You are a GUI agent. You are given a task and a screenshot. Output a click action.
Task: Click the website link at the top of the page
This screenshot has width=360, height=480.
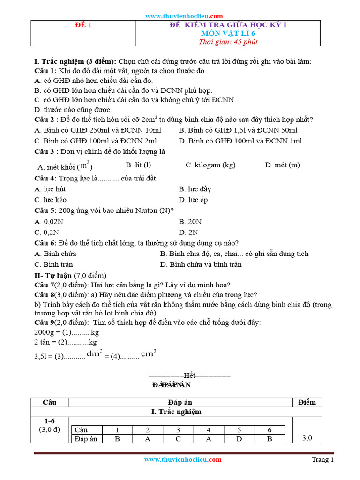184,15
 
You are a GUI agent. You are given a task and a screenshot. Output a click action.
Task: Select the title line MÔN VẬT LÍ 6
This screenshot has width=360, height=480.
228,33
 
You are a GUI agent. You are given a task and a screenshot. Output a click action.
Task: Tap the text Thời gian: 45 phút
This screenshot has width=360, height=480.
228,42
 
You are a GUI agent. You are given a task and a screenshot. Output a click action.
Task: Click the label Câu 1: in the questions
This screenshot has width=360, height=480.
45,71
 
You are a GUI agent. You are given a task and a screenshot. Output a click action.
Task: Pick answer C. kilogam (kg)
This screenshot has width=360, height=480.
210,165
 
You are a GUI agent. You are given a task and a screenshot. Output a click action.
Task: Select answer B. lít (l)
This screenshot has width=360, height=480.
138,165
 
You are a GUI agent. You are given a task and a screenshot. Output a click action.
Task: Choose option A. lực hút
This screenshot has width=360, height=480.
50,189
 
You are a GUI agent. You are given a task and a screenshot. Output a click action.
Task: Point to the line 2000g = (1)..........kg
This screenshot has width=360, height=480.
67,332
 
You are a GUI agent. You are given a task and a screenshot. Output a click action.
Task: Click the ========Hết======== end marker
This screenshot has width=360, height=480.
189,375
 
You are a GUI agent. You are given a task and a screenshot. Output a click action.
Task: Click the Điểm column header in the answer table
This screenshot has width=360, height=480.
307,402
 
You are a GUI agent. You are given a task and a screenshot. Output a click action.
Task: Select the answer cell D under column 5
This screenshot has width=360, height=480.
240,439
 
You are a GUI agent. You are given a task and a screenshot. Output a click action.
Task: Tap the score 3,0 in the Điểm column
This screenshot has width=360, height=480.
307,438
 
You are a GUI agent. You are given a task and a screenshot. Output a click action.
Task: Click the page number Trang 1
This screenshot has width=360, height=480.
322,460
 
